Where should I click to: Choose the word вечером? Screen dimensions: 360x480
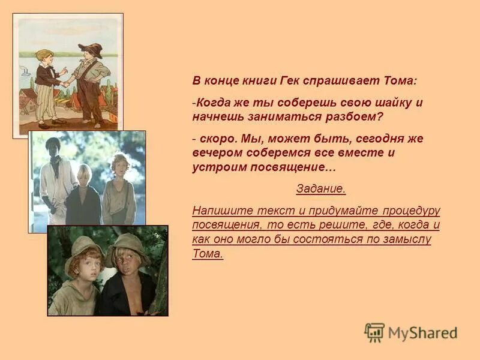point(216,152)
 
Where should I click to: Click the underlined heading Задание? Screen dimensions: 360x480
point(321,188)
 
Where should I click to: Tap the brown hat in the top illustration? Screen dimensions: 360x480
point(91,49)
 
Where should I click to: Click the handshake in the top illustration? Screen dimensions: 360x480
point(64,83)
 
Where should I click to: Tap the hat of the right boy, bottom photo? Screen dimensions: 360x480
point(127,243)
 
